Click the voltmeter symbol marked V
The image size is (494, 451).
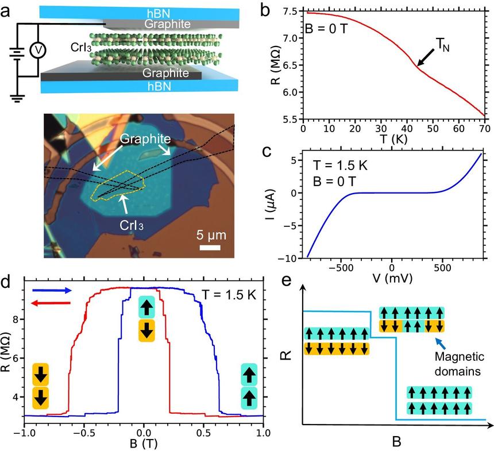coord(38,50)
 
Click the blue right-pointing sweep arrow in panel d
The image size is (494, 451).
coord(52,291)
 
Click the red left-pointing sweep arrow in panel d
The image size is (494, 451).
coord(52,303)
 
